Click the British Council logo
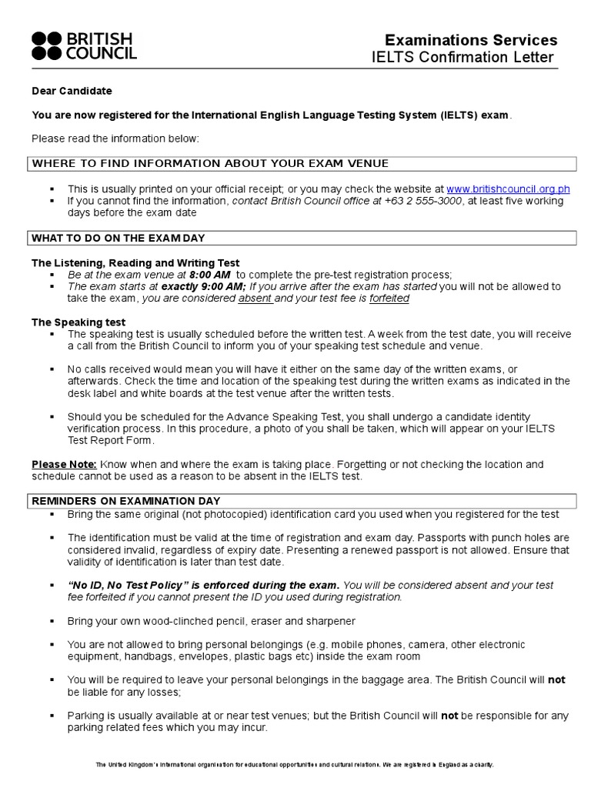tap(84, 45)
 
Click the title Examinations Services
tap(471, 40)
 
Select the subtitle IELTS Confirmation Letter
tap(462, 58)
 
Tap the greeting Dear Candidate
tap(72, 91)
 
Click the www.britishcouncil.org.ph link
tap(508, 189)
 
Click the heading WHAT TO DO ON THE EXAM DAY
tap(119, 237)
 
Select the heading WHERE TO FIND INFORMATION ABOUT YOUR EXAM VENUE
tap(210, 163)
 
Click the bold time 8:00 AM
tap(211, 275)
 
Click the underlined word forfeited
tap(389, 298)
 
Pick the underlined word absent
tap(255, 298)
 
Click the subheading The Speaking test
tap(78, 322)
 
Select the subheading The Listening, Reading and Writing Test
tap(135, 263)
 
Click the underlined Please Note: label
tap(64, 464)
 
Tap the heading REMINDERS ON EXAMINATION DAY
tap(125, 501)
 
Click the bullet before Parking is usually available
tap(52, 716)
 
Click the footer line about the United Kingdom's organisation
tap(295, 764)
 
